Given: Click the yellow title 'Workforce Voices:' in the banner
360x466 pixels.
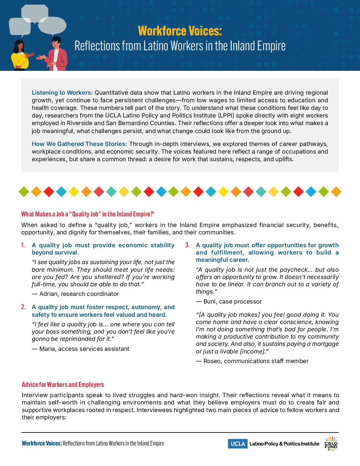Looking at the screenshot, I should pyautogui.click(x=180, y=31).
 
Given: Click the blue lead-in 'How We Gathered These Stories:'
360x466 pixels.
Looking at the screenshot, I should pyautogui.click(x=79, y=144).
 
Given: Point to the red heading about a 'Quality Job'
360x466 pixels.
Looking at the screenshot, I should pyautogui.click(x=88, y=214).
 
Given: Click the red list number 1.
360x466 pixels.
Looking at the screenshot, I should pyautogui.click(x=23, y=245).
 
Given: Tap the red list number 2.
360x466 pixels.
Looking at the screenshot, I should pyautogui.click(x=23, y=307).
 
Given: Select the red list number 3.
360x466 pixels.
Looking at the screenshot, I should pyautogui.click(x=187, y=245).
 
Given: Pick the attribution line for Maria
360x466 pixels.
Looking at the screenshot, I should pyautogui.click(x=81, y=349).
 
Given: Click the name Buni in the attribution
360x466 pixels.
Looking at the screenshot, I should pyautogui.click(x=210, y=302).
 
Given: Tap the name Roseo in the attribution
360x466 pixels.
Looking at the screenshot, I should pyautogui.click(x=212, y=361).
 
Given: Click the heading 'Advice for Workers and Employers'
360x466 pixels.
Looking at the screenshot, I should pyautogui.click(x=63, y=385).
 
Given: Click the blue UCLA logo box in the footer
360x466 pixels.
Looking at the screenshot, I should pyautogui.click(x=238, y=444).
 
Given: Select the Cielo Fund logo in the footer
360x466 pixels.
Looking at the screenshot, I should pyautogui.click(x=331, y=444).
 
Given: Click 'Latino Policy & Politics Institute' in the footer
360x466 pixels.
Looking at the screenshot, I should pyautogui.click(x=284, y=444).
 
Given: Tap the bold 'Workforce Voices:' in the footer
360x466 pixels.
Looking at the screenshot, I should pyautogui.click(x=42, y=443).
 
